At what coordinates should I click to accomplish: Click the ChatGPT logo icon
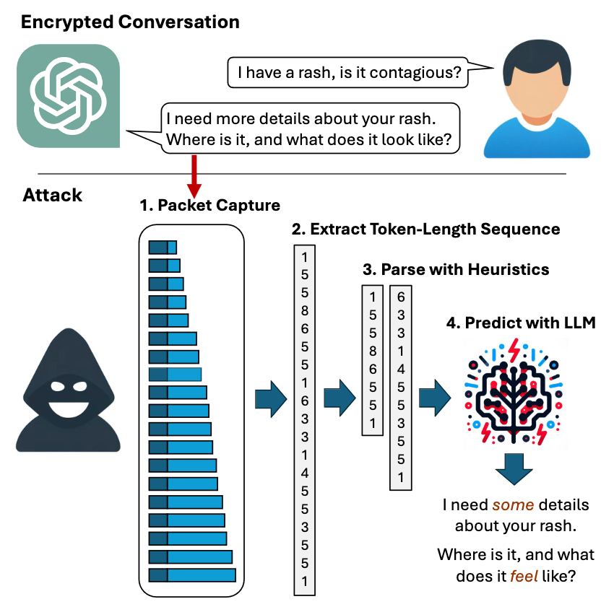click(68, 96)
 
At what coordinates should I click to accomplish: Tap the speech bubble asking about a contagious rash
click(347, 72)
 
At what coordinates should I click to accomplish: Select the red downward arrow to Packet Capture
click(194, 177)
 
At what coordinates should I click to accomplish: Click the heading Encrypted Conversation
click(130, 22)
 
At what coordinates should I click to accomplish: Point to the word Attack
click(53, 195)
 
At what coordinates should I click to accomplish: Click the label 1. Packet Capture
click(210, 205)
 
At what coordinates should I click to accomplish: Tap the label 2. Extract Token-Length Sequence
click(425, 229)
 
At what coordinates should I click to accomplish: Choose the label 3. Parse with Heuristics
click(456, 270)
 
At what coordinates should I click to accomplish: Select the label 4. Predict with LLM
click(521, 323)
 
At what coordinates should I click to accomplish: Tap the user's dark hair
click(537, 61)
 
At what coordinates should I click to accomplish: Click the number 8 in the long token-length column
click(305, 311)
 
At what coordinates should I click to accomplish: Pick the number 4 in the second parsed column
click(401, 369)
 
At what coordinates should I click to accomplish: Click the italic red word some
click(513, 504)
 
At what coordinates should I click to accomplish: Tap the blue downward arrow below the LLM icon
click(514, 469)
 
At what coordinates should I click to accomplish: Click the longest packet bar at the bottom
click(192, 575)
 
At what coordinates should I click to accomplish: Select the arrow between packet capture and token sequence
click(271, 399)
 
